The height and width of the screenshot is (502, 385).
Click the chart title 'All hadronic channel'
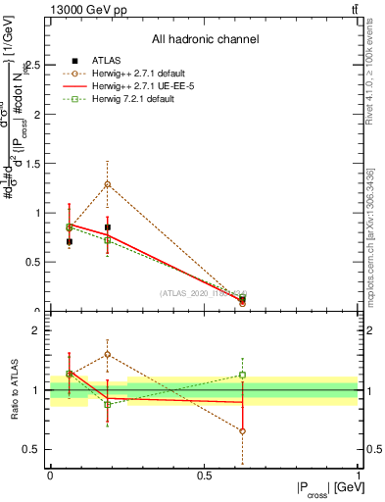coord(205,39)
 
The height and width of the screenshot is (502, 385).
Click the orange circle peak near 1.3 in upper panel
coord(107,184)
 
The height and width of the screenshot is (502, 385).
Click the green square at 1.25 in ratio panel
coord(242,375)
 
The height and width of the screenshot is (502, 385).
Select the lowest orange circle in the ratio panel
coord(242,430)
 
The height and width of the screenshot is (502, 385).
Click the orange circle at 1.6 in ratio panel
coord(107,354)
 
